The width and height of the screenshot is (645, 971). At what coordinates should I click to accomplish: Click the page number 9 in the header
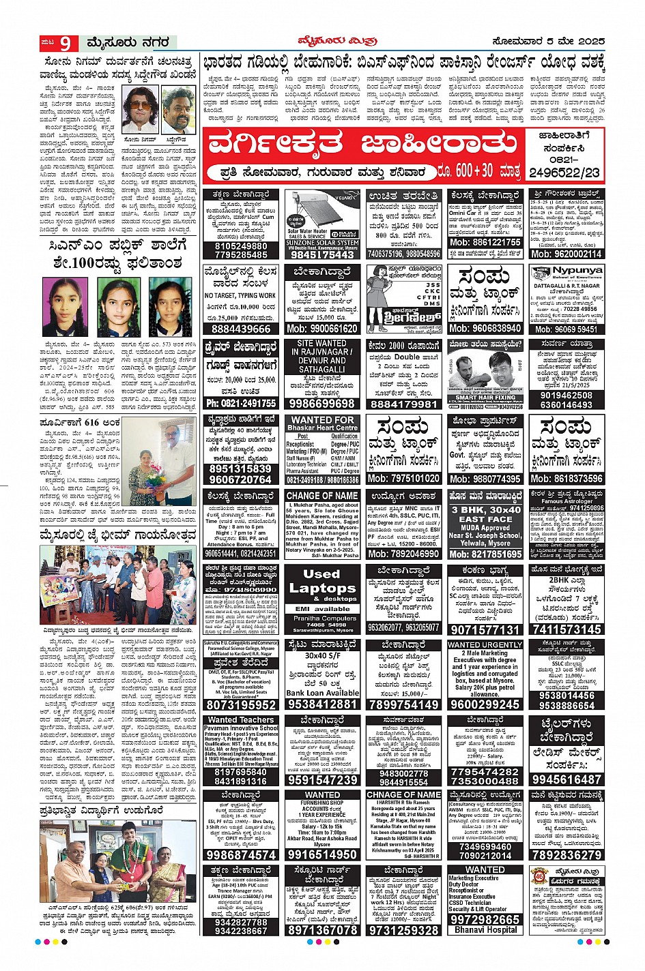pos(65,43)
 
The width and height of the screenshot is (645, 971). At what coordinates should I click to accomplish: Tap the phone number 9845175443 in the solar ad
pos(322,254)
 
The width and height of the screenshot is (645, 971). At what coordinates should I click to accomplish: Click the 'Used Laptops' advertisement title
pos(321,581)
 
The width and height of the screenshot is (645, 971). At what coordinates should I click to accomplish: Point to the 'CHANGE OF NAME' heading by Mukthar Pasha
pos(322,496)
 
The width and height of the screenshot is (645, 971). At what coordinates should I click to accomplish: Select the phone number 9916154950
pos(322,854)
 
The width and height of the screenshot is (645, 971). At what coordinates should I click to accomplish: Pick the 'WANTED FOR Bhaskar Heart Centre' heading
pos(322,423)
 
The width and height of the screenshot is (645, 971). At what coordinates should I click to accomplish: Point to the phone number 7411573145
pos(566,629)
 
